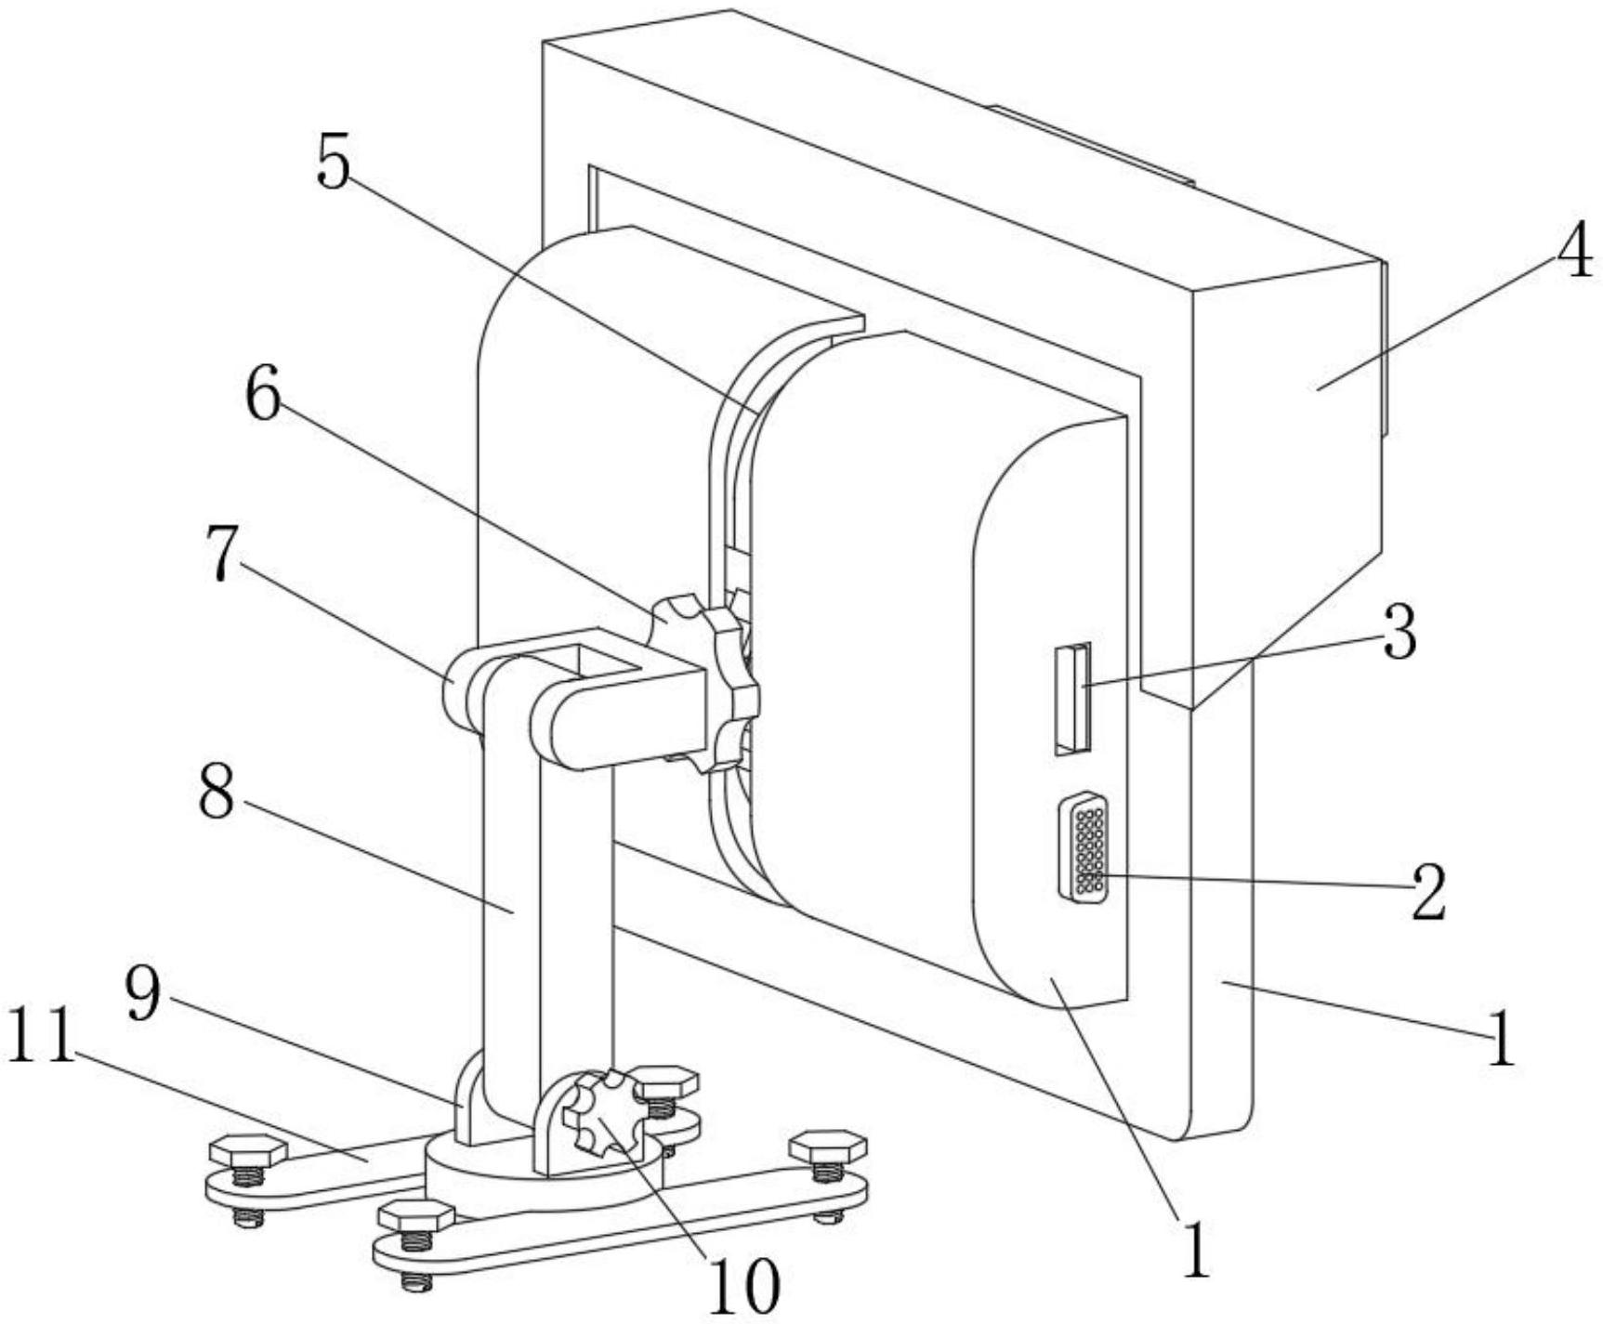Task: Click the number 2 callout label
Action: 1428,891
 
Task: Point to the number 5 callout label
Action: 334,161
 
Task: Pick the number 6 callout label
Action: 262,397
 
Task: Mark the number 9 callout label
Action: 143,995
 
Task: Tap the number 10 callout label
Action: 744,1286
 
